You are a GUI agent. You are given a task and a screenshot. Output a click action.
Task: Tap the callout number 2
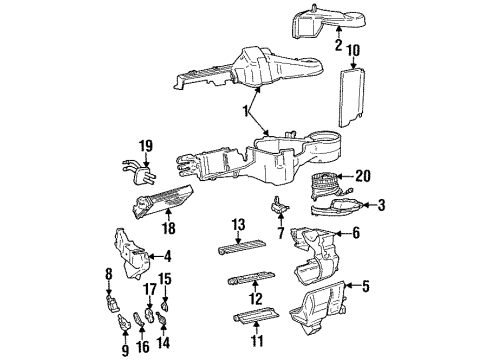pos(338,44)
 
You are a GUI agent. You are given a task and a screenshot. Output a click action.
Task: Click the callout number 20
pos(363,176)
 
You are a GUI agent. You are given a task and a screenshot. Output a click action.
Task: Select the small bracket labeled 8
pos(111,299)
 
